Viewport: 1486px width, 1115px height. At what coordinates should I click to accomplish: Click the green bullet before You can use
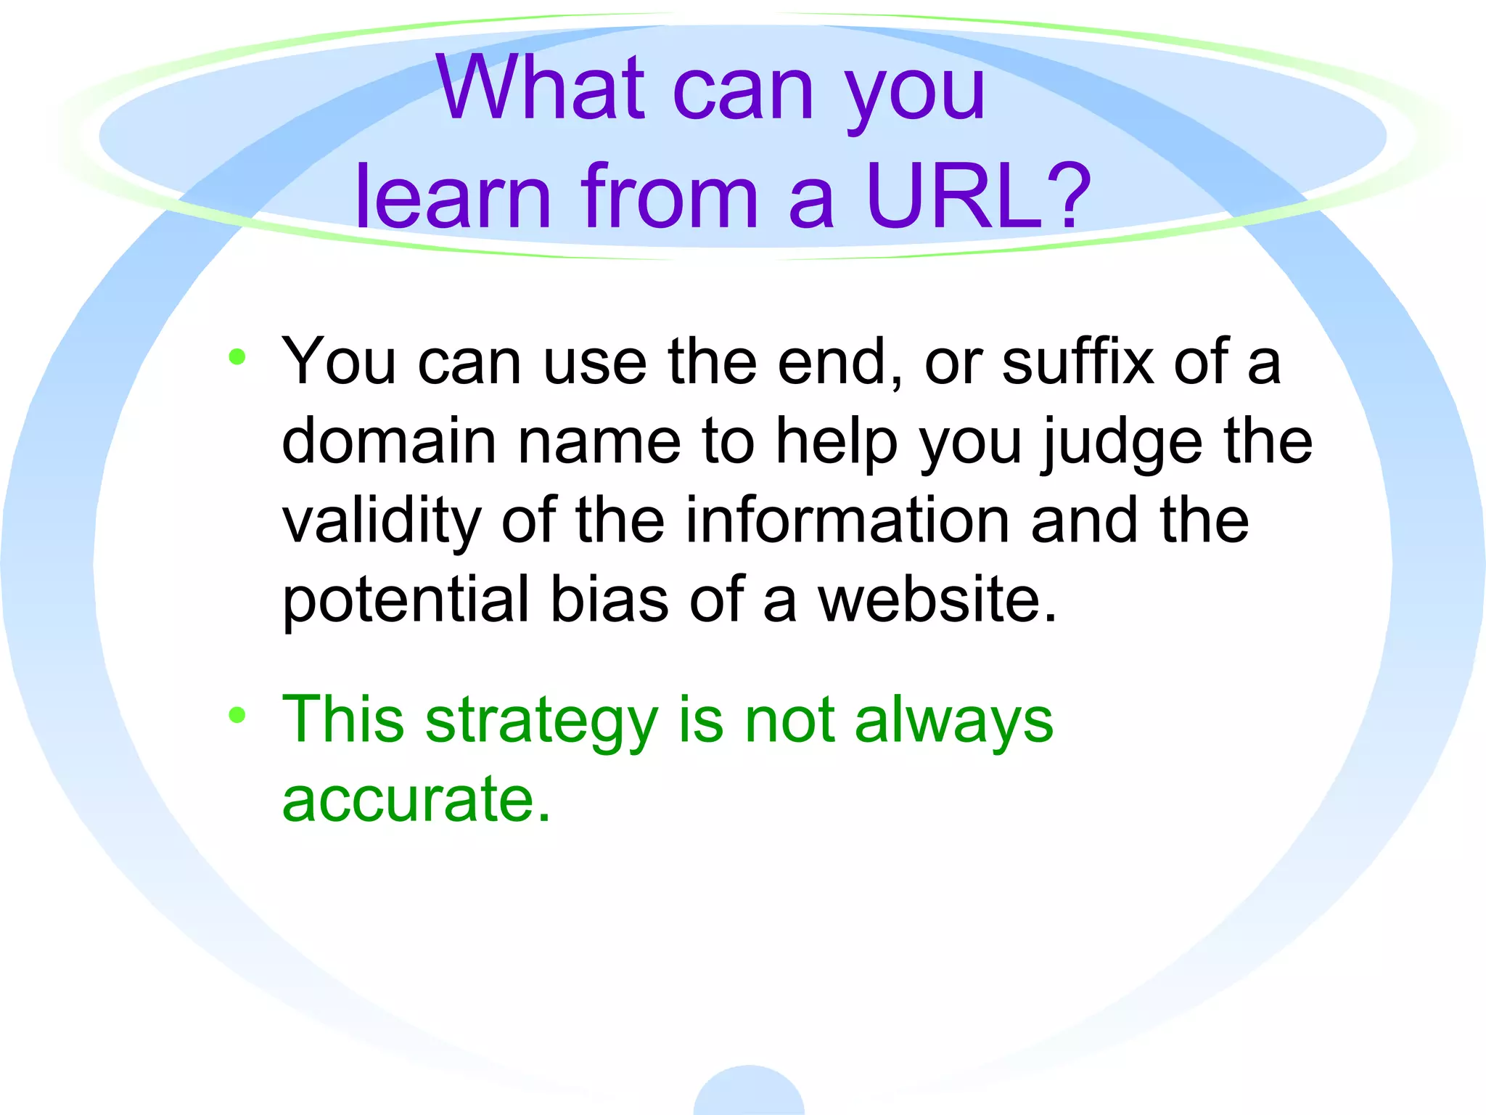237,356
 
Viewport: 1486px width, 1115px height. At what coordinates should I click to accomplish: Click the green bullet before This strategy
237,715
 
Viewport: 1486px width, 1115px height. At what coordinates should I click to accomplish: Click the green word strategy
541,722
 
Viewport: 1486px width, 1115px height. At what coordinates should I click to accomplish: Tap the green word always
953,722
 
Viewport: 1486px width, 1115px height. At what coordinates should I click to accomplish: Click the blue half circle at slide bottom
749,1093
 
